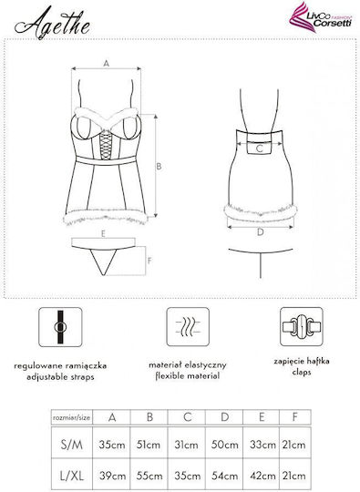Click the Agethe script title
[53, 24]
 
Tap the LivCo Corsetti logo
[320, 17]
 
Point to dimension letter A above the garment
[106, 64]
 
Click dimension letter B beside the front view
[159, 166]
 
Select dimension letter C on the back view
[259, 149]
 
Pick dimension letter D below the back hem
[260, 232]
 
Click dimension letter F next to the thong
[149, 261]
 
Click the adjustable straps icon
[60, 327]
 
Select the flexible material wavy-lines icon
[188, 327]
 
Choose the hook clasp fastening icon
[302, 327]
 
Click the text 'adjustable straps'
[60, 377]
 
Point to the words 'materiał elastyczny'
[188, 365]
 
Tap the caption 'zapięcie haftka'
[302, 362]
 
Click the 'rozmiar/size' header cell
[72, 417]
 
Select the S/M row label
[72, 445]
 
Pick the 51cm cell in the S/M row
[149, 445]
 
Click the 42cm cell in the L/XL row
[262, 476]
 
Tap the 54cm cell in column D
[224, 476]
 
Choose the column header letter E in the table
[262, 417]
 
